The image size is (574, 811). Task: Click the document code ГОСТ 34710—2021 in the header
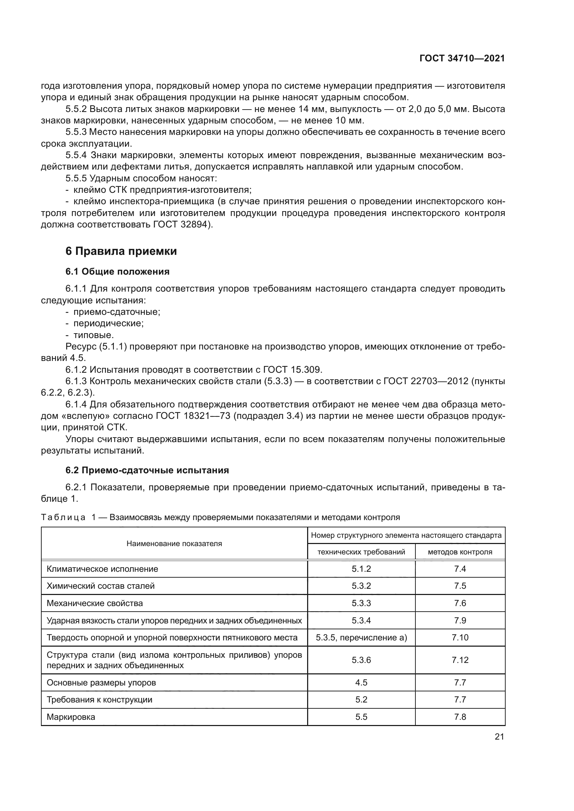click(462, 58)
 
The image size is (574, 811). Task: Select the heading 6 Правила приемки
click(121, 251)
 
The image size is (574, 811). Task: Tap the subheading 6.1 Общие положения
click(117, 271)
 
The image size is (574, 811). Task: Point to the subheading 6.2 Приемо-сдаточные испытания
click(147, 470)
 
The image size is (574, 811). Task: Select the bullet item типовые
click(93, 335)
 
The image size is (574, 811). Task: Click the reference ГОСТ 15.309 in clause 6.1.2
click(292, 370)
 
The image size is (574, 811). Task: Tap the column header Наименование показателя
click(174, 544)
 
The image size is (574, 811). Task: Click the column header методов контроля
click(460, 552)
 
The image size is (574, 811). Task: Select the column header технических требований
click(361, 552)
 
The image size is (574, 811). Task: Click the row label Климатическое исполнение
click(102, 569)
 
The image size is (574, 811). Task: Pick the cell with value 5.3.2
click(361, 586)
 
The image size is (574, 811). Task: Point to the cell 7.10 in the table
click(460, 638)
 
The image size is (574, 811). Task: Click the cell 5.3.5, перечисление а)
click(361, 638)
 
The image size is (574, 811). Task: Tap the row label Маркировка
click(71, 717)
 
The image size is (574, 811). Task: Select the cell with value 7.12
click(460, 660)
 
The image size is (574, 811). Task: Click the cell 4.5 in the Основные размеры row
click(361, 683)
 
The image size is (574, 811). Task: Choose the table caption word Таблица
click(63, 518)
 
